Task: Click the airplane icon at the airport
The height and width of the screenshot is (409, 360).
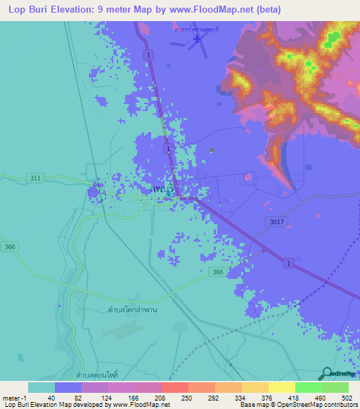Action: [197, 39]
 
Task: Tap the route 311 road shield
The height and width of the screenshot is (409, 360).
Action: [35, 178]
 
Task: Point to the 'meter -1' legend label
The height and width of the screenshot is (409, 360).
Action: [15, 398]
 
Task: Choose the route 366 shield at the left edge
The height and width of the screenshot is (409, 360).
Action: [9, 247]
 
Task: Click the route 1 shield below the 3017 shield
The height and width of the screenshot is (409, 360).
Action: [288, 262]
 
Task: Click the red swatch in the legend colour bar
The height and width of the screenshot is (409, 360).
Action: [174, 387]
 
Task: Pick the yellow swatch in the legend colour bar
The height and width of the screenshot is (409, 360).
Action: [281, 387]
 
